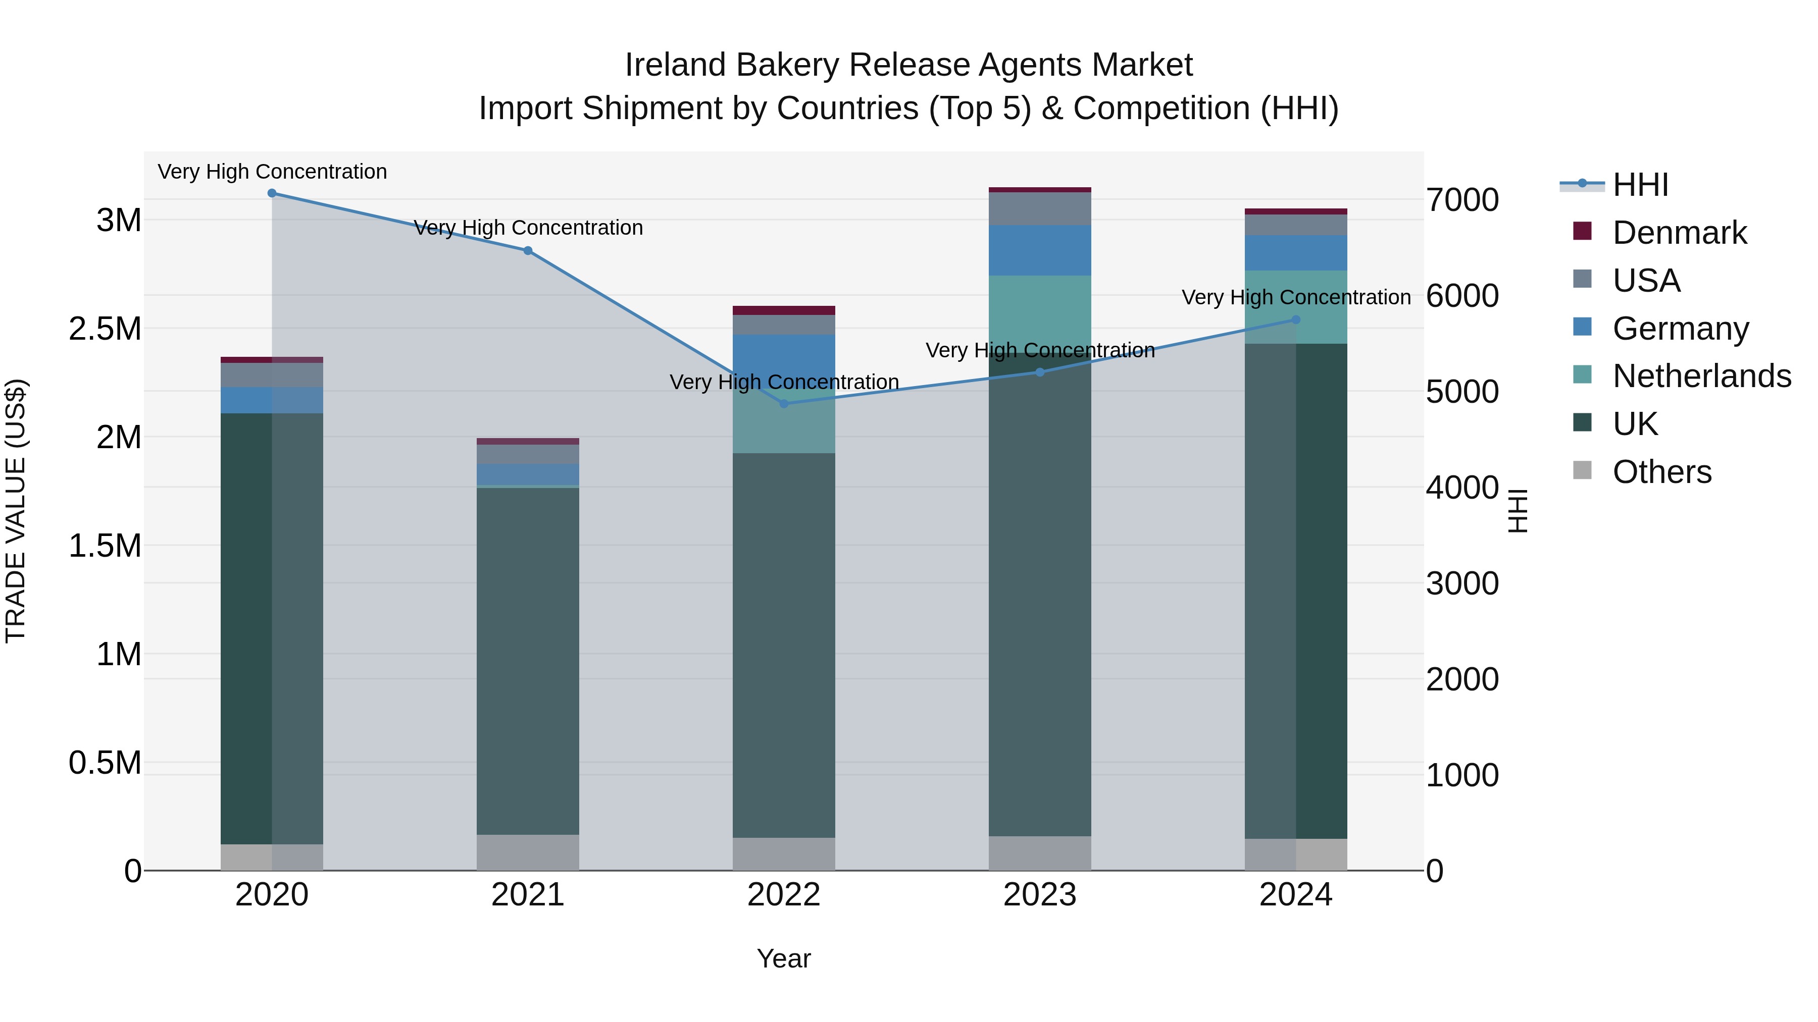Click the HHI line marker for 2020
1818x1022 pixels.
[272, 193]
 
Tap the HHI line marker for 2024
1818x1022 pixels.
[1296, 319]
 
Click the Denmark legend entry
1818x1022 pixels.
[1679, 233]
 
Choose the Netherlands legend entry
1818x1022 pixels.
[1701, 376]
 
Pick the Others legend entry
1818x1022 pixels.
[1661, 472]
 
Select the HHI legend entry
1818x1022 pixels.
[1640, 185]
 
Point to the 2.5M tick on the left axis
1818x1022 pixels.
[105, 329]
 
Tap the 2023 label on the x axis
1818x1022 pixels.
[1040, 895]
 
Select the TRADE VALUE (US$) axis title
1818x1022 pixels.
[16, 511]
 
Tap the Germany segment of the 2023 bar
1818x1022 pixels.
[1040, 250]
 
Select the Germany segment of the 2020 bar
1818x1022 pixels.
[272, 400]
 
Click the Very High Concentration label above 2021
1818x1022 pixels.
[528, 228]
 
